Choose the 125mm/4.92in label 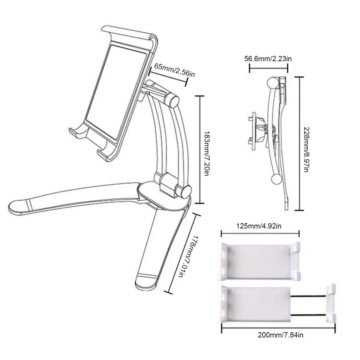pyautogui.click(x=259, y=226)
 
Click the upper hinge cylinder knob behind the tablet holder pyautogui.click(x=173, y=101)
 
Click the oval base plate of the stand pyautogui.click(x=164, y=195)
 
